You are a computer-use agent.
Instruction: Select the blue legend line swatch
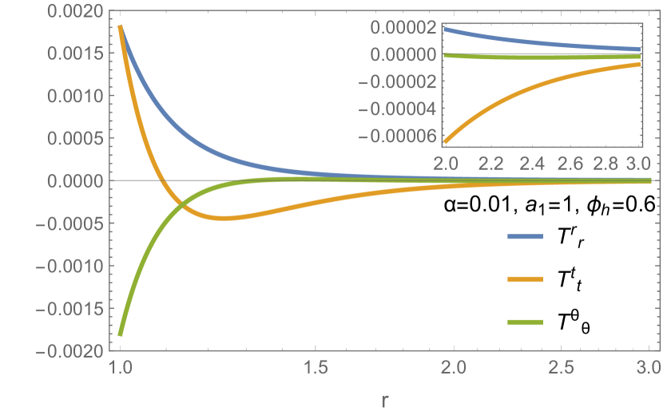525,236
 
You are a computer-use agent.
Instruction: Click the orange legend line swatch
525,279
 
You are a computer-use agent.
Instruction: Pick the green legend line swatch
525,322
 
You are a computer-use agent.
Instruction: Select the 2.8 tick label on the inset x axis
603,164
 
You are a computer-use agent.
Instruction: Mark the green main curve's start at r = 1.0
121,334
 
